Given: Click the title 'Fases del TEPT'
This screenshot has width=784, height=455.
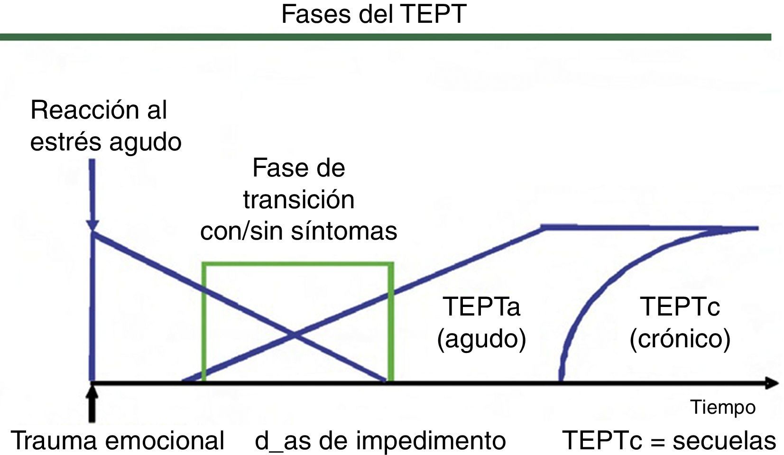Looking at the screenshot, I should pos(374,14).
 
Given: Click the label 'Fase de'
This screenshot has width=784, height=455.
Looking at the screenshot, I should pos(298,168).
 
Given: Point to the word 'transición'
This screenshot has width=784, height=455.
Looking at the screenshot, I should pos(298,199).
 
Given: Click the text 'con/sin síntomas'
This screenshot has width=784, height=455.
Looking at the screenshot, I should pos(298,231).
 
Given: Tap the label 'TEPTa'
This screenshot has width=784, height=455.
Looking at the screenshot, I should pos(481,306).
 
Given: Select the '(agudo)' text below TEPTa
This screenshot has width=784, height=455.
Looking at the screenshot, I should pos(481,339).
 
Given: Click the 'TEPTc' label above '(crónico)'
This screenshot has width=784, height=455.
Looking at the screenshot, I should pos(680,306).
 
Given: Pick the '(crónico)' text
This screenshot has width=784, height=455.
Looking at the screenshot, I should pos(680,339).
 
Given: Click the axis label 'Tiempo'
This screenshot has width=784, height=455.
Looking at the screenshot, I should pos(722,407).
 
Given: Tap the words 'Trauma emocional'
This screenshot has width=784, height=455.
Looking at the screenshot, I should pos(117,440).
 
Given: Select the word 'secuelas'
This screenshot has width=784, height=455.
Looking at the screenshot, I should pos(724,440).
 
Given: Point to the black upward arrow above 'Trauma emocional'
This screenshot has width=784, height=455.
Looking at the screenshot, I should pos(92,403).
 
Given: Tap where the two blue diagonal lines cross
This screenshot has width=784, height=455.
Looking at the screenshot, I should pos(294,335).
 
